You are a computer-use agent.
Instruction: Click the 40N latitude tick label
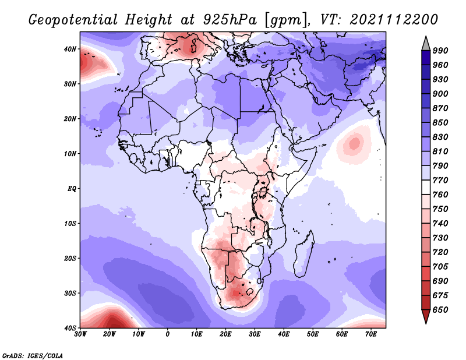point(70,49)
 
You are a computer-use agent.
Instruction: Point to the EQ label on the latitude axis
point(72,189)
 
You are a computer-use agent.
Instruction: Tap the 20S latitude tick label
point(70,258)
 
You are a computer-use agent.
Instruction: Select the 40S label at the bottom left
point(70,328)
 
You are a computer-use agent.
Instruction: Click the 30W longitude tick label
point(80,334)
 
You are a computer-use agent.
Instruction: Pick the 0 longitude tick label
point(168,334)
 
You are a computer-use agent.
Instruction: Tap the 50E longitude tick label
point(313,334)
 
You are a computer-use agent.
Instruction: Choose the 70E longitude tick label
point(371,334)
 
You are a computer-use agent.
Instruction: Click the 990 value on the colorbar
point(440,51)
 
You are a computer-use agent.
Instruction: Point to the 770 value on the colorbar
point(440,180)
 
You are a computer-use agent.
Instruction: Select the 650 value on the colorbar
point(440,310)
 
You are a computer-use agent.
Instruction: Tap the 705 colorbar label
point(440,267)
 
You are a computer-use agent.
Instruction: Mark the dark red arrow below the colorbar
point(426,316)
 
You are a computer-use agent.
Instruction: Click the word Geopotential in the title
point(73,20)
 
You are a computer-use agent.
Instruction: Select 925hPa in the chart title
point(230,20)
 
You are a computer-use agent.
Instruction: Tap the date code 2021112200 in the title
point(394,20)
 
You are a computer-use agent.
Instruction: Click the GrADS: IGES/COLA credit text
point(33,355)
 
